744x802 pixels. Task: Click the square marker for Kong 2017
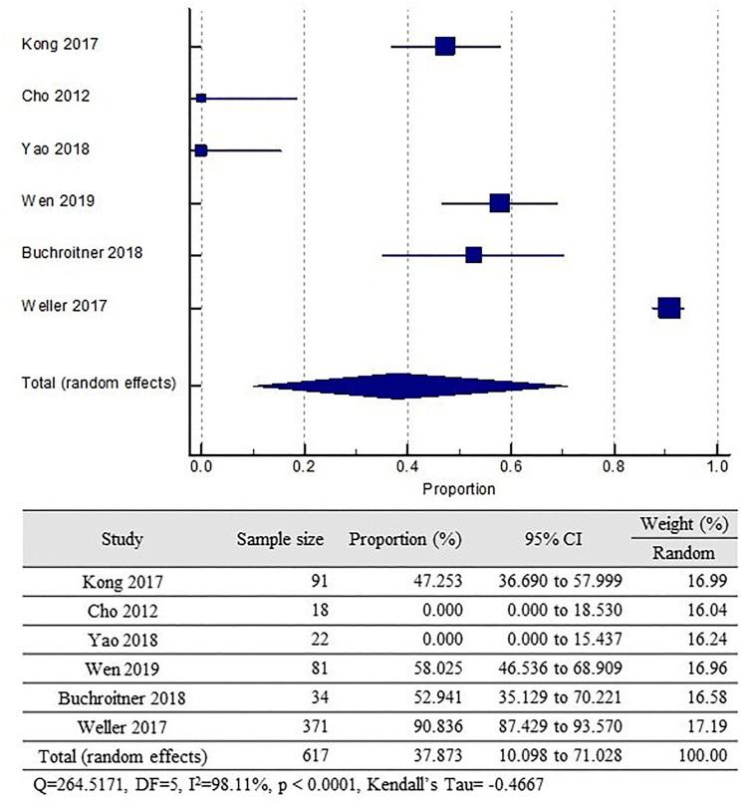click(444, 46)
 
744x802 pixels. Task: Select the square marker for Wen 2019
click(499, 203)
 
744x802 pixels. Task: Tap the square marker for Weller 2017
click(668, 308)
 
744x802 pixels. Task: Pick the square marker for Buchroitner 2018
click(473, 255)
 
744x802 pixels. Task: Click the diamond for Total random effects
click(398, 386)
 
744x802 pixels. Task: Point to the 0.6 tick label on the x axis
click(511, 465)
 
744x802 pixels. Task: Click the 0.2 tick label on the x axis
click(304, 465)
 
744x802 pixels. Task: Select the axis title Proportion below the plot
click(458, 489)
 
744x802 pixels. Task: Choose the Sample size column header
click(280, 540)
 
